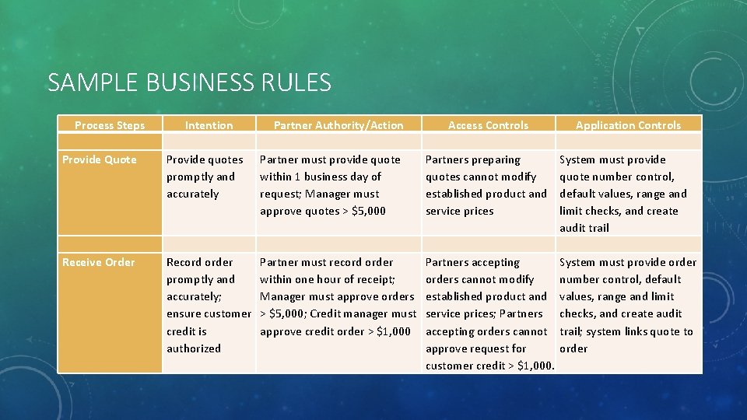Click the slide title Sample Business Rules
[x=189, y=82]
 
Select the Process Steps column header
[x=110, y=125]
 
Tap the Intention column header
[x=209, y=125]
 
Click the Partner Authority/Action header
[x=338, y=125]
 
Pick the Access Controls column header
[x=488, y=125]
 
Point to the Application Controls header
[x=628, y=125]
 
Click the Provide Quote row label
[x=99, y=159]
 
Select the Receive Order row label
[x=98, y=262]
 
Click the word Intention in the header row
[x=209, y=125]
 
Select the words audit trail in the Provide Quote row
[x=584, y=228]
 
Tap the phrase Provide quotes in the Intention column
[x=205, y=159]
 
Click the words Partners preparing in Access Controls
[x=472, y=159]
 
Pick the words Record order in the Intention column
[x=199, y=262]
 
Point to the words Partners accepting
[x=472, y=262]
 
